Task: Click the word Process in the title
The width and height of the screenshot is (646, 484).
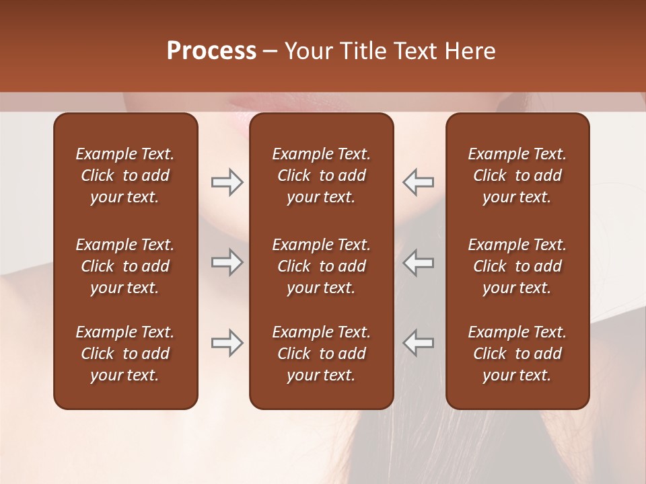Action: (x=211, y=51)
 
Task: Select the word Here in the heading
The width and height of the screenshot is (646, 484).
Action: (x=470, y=51)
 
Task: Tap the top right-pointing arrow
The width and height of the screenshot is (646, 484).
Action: (x=227, y=182)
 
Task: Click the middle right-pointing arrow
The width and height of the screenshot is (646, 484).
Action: (x=227, y=262)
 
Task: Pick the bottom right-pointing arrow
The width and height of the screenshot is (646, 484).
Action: (x=227, y=343)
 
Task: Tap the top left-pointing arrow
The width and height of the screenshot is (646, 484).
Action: (x=419, y=182)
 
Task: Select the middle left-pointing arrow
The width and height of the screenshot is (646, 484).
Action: (x=419, y=262)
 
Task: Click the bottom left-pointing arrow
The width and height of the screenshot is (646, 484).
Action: (x=419, y=343)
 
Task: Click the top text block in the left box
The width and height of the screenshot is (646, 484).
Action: (x=125, y=175)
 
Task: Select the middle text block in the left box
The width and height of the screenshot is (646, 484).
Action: (x=125, y=266)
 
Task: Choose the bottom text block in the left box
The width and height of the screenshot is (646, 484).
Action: (x=125, y=354)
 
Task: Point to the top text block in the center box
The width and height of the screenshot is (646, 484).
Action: (x=321, y=175)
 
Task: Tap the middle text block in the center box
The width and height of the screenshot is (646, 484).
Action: (x=321, y=266)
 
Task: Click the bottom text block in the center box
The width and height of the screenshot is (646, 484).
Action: (x=321, y=354)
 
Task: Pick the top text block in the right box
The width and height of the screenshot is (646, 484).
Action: (x=517, y=175)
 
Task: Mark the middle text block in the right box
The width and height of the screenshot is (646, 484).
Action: (x=517, y=266)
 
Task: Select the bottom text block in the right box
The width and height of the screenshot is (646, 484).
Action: (x=517, y=354)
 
